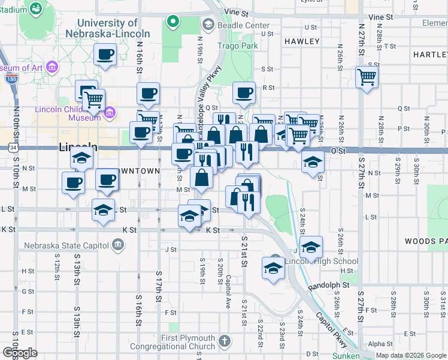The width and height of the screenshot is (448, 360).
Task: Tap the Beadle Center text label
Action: point(235,25)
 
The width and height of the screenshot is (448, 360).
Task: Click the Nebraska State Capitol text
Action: point(66,245)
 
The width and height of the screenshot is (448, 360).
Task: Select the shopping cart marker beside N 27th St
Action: point(367,77)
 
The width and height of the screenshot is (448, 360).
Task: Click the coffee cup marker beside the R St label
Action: point(244,92)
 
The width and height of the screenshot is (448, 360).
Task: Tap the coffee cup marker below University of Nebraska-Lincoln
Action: point(105,55)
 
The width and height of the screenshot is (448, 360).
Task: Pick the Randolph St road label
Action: point(329,286)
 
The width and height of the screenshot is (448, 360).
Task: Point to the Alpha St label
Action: point(380,344)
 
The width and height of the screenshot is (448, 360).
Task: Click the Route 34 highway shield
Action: point(12,147)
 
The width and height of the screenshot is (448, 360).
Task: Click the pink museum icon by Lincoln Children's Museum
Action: point(110,112)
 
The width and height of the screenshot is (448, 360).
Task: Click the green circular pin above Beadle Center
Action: point(173,23)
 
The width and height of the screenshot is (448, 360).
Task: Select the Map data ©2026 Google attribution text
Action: point(411,355)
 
